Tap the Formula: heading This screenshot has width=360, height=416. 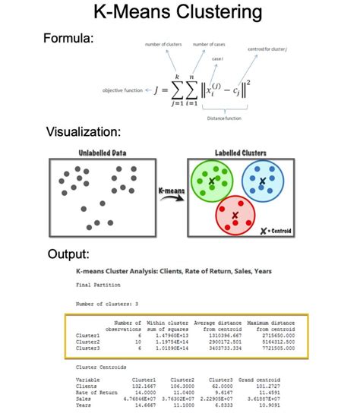click(x=69, y=38)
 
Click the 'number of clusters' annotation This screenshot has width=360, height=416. click(x=164, y=45)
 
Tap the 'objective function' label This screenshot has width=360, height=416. click(x=122, y=90)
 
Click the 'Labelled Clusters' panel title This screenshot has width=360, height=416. click(x=242, y=153)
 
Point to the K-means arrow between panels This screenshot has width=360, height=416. click(x=170, y=194)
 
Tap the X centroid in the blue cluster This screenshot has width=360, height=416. click(x=262, y=181)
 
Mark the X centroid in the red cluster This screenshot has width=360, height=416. click(x=235, y=216)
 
